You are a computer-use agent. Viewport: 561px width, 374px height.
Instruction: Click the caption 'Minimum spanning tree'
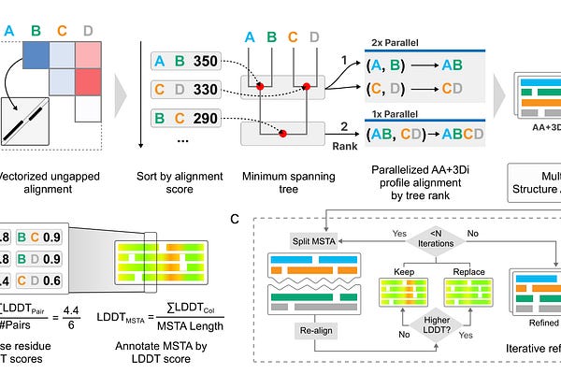click(276, 183)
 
